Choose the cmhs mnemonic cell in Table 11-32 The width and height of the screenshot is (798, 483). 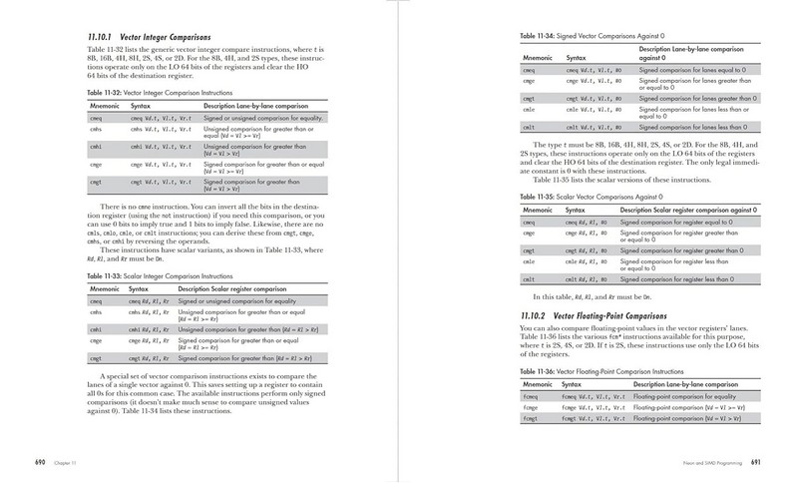coord(97,130)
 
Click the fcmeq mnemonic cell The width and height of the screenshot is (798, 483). coord(532,396)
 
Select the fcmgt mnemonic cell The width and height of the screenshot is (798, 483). coord(532,418)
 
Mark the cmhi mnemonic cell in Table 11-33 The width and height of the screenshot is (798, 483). coord(96,328)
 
